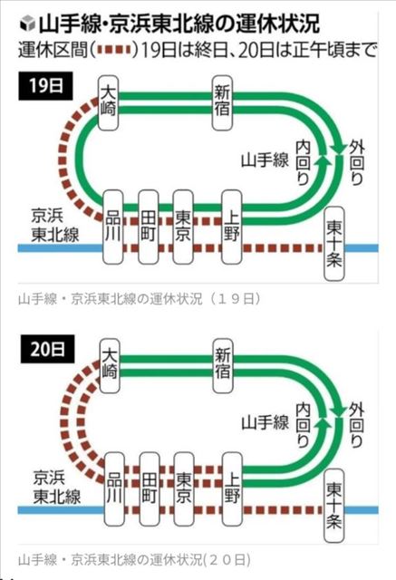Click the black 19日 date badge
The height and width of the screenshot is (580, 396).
[45, 86]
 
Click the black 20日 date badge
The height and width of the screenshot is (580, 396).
[47, 349]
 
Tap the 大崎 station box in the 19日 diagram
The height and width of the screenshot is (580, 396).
[109, 102]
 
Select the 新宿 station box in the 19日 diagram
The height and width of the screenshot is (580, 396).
[223, 102]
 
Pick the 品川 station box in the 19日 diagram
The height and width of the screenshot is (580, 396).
[112, 227]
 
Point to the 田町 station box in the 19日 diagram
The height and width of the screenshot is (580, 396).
[149, 227]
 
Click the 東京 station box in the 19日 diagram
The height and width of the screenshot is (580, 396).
[183, 227]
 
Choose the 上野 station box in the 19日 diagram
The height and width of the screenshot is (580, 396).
[232, 227]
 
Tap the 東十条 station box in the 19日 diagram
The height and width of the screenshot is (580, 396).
[334, 244]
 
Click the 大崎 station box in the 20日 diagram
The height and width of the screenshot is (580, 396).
[110, 366]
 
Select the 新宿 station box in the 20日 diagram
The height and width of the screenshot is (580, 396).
[223, 366]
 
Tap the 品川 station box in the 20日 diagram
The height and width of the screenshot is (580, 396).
[114, 489]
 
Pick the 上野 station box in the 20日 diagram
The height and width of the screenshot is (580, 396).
[232, 489]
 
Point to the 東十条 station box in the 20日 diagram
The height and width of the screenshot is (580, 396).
[334, 506]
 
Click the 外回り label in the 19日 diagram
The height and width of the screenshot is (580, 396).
[357, 163]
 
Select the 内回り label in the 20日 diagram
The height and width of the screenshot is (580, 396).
[303, 425]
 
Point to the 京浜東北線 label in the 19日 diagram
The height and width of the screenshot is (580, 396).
[54, 226]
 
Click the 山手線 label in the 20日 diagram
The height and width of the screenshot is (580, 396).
[265, 422]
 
